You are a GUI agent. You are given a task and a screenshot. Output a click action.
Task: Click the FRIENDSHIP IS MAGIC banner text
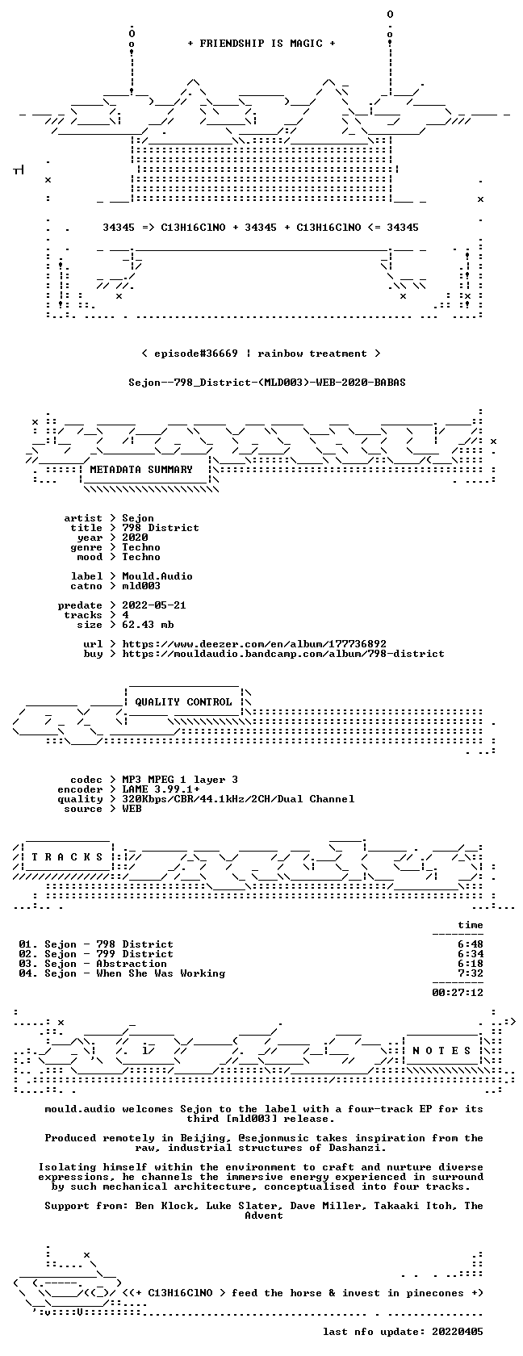point(261,44)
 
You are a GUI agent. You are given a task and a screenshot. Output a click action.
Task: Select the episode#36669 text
point(195,354)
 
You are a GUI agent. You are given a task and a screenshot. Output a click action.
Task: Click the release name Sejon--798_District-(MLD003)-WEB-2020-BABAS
point(267,383)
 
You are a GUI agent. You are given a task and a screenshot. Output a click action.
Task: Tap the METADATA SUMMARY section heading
point(141,470)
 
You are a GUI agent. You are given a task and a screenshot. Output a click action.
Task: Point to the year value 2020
point(135,538)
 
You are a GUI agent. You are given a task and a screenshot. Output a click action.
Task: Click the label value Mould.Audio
point(157,576)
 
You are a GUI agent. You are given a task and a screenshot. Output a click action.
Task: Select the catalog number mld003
point(141,586)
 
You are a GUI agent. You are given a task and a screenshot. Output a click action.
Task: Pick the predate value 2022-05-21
point(154,605)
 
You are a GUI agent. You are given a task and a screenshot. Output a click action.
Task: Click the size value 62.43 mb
point(148,625)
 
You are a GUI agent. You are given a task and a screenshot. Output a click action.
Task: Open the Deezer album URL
point(254,644)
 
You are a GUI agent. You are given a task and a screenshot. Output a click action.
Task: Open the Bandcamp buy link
point(283,654)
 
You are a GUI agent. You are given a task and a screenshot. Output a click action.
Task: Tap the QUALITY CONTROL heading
point(183,702)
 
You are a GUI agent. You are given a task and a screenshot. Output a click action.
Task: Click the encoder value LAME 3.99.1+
point(161,789)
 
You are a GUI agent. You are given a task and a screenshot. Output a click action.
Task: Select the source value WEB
point(132,809)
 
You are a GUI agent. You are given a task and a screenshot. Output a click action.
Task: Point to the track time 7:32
point(471,973)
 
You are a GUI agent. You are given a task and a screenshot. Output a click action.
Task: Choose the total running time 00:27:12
point(458,993)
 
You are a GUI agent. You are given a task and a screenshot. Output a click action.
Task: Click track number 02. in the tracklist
point(27,954)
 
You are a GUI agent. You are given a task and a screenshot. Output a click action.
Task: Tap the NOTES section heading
point(441,1051)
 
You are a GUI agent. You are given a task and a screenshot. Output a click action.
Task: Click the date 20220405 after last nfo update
point(458,1332)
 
